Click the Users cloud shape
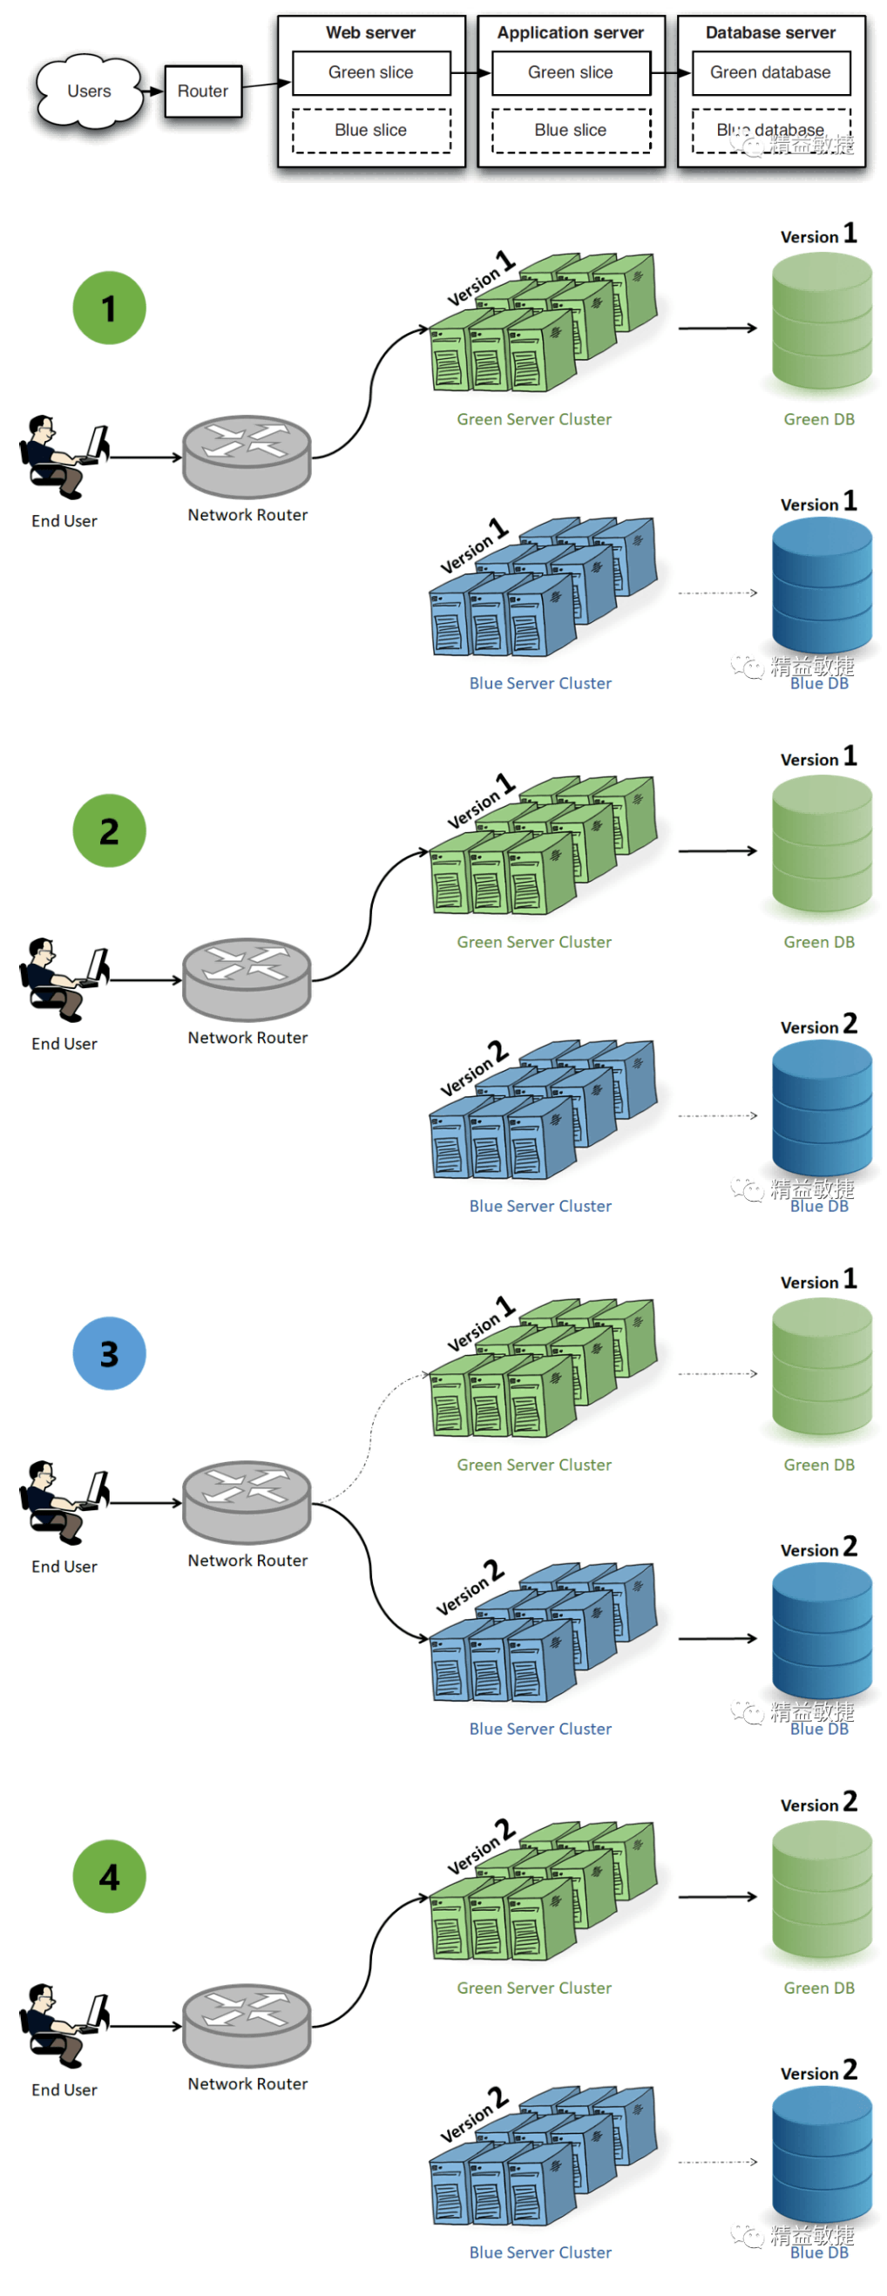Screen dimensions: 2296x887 coord(88,91)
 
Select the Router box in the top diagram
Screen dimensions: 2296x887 coord(202,91)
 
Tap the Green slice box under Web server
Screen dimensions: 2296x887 coord(371,72)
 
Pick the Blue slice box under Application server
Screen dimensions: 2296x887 coord(571,130)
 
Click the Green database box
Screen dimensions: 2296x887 coord(770,72)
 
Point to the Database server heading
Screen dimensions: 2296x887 coord(770,33)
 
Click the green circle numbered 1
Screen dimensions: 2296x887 coord(109,308)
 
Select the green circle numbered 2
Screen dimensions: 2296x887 coord(109,830)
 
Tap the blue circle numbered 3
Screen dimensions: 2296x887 coord(109,1353)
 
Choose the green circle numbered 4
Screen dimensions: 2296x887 coord(109,1876)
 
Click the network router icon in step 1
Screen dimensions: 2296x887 coord(246,456)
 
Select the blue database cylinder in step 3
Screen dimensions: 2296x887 coord(821,1631)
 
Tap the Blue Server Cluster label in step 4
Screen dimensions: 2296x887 coord(540,2252)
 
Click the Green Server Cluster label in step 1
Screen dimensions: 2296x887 coord(534,419)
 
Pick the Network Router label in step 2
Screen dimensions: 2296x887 coord(247,1038)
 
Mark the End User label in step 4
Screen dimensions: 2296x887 coord(64,2089)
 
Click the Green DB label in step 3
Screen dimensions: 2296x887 coord(818,1465)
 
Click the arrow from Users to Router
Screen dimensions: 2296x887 coord(152,91)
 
